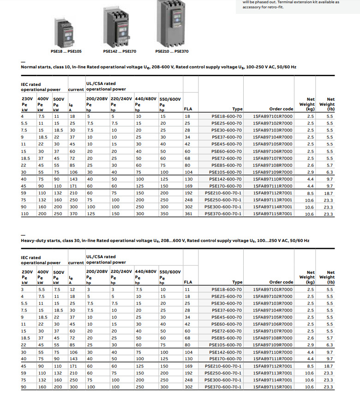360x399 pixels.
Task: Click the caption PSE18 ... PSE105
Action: coord(66,51)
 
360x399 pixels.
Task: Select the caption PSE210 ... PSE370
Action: coord(172,51)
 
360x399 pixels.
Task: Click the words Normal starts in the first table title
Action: coord(36,67)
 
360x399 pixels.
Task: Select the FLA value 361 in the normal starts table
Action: coord(188,214)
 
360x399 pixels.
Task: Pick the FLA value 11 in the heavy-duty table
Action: coord(187,289)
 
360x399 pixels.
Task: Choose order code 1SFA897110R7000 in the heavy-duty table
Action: coord(273,352)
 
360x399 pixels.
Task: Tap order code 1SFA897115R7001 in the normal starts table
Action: coord(273,214)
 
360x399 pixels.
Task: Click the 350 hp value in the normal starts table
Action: coord(163,214)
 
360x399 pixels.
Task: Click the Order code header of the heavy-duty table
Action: coord(281,282)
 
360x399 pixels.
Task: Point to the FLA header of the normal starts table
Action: coord(188,109)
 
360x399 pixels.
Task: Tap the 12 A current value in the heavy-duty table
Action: coord(72,289)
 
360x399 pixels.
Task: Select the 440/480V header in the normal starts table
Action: coord(146,99)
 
